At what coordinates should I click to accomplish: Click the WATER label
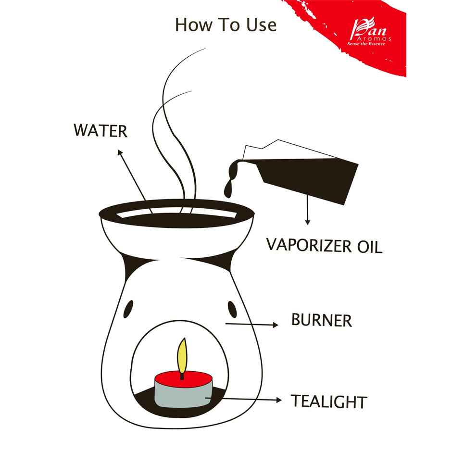pyautogui.click(x=100, y=130)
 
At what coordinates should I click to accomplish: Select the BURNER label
pyautogui.click(x=321, y=320)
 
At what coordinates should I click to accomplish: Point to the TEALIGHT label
pyautogui.click(x=329, y=401)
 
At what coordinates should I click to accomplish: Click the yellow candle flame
pyautogui.click(x=182, y=356)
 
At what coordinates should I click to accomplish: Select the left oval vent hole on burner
pyautogui.click(x=128, y=310)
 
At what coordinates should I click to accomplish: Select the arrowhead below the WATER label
pyautogui.click(x=119, y=152)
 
